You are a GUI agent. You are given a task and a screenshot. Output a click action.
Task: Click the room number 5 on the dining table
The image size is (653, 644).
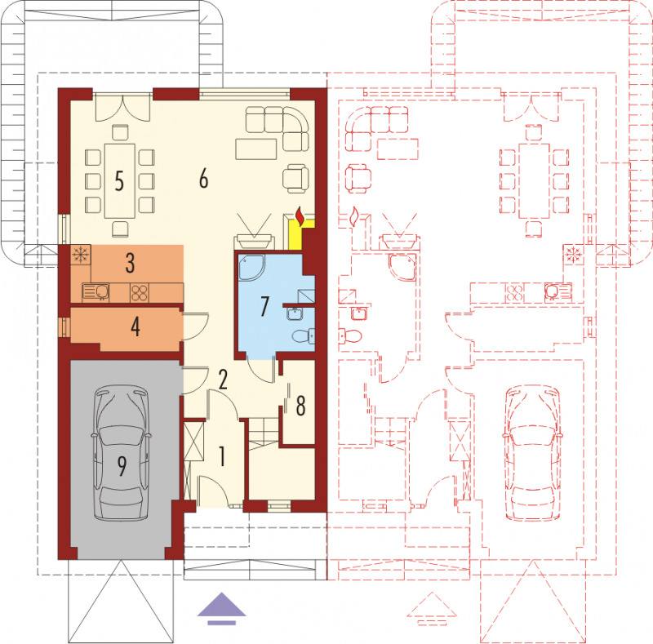click(119, 180)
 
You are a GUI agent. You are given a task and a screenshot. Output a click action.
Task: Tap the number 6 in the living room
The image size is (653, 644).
click(203, 179)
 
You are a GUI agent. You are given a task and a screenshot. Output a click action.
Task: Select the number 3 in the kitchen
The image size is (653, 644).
click(130, 263)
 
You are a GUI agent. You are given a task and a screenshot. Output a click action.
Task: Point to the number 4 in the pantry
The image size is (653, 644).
click(135, 326)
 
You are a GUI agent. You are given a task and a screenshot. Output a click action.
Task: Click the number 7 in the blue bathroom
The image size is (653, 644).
click(264, 306)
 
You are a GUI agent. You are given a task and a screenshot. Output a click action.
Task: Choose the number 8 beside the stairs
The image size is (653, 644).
click(300, 406)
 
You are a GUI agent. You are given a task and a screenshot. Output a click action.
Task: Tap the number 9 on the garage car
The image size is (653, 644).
click(122, 466)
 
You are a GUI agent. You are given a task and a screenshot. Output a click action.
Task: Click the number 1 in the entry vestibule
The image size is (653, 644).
click(222, 456)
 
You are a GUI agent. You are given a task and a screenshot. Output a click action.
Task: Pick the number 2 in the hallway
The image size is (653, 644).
click(223, 380)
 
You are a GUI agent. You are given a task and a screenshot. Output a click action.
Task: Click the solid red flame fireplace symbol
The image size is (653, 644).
click(300, 217)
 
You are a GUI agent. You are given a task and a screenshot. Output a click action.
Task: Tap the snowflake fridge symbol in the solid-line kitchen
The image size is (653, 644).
click(80, 254)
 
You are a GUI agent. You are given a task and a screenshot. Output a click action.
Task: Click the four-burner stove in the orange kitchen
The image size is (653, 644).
click(139, 292)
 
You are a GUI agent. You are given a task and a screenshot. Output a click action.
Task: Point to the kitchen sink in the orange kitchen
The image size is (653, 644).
click(96, 292)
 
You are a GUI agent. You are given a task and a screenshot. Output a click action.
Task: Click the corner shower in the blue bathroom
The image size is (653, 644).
click(251, 268)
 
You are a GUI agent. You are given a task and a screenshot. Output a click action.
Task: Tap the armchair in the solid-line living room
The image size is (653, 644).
click(295, 179)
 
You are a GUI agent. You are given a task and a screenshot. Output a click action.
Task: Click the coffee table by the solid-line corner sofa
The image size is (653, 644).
click(256, 149)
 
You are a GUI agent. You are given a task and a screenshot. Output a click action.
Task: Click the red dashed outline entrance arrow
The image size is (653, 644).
click(432, 609)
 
